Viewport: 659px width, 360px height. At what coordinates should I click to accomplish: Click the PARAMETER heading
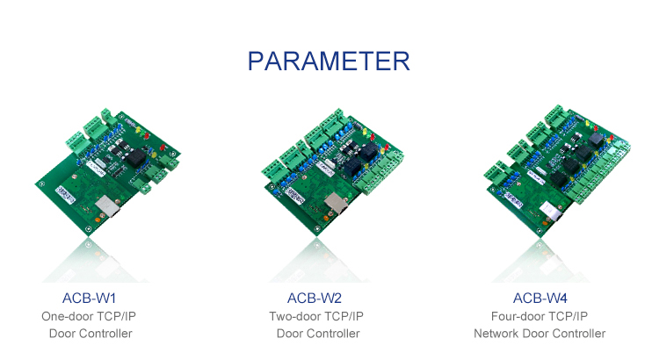pyautogui.click(x=329, y=61)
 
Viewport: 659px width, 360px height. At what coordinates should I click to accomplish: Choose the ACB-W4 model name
pyautogui.click(x=540, y=299)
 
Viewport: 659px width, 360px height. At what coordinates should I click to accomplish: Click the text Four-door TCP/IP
pyautogui.click(x=540, y=316)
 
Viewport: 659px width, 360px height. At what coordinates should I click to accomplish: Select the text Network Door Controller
pyautogui.click(x=540, y=334)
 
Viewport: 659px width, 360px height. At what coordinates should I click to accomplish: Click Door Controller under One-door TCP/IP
pyautogui.click(x=91, y=334)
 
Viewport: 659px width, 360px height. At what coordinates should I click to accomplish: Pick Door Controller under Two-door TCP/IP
pyautogui.click(x=318, y=334)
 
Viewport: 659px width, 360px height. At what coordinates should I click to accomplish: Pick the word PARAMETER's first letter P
pyautogui.click(x=257, y=61)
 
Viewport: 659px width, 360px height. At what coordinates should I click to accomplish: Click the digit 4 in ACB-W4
pyautogui.click(x=561, y=299)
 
